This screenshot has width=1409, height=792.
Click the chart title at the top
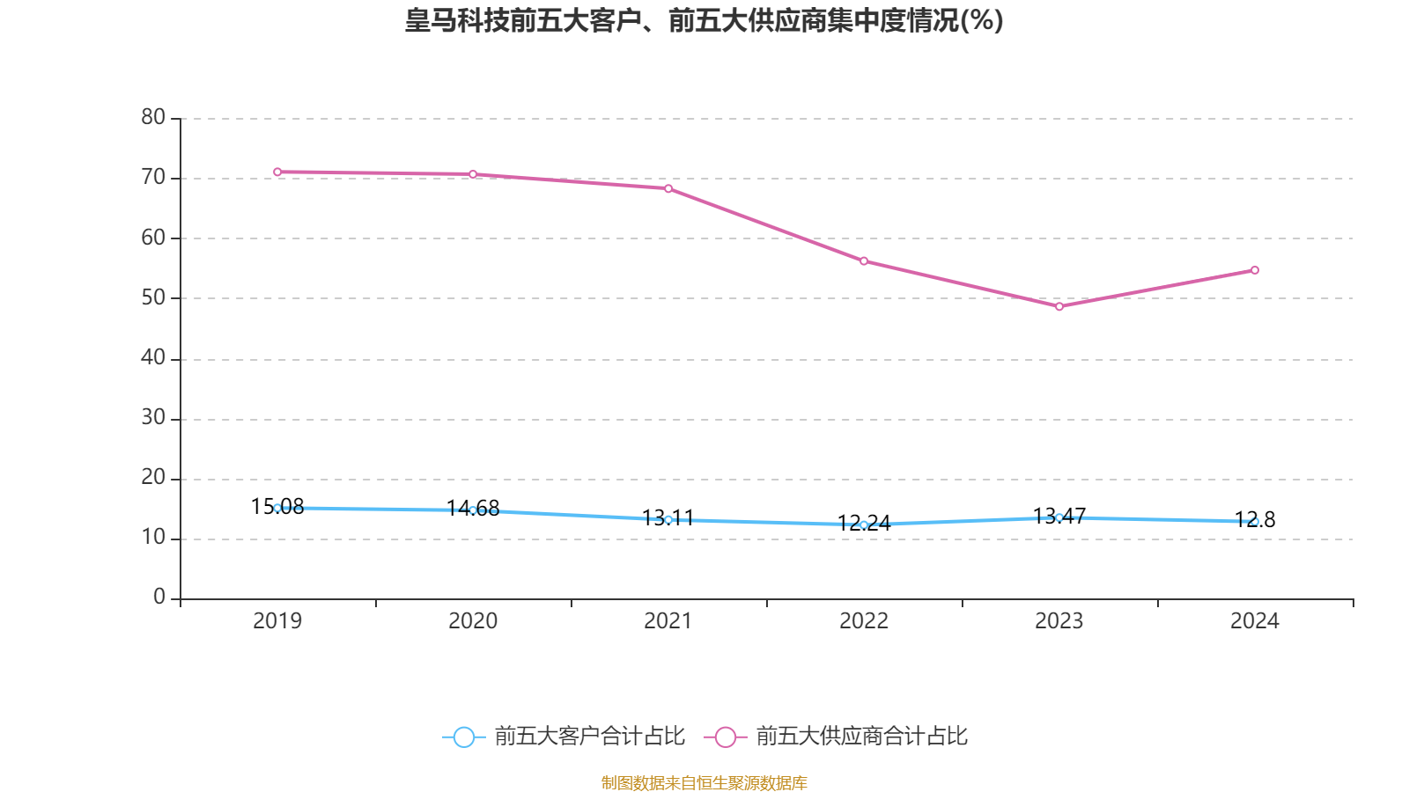click(x=704, y=20)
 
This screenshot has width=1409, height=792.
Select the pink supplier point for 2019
click(x=277, y=172)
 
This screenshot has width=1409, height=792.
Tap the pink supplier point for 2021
click(x=668, y=188)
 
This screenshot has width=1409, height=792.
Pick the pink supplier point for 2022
click(x=864, y=261)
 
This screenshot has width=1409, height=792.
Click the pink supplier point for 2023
click(x=1059, y=306)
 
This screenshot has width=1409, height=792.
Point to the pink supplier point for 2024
click(x=1255, y=270)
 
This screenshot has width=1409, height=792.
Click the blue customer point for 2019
click(x=277, y=508)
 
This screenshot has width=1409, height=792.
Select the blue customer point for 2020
click(x=473, y=510)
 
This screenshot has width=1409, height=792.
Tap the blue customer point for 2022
click(x=864, y=524)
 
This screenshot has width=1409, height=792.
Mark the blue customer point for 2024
click(x=1255, y=522)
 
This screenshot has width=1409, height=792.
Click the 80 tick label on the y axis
click(x=153, y=117)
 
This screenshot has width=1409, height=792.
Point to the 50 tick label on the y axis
click(x=153, y=297)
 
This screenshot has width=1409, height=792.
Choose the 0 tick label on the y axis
click(x=159, y=598)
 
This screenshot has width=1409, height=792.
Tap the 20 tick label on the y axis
click(x=153, y=477)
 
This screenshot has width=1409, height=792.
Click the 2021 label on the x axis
click(x=668, y=621)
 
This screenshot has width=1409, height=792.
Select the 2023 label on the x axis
click(x=1059, y=621)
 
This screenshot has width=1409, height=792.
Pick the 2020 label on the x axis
click(x=473, y=621)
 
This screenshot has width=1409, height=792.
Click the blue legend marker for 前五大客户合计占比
click(x=463, y=737)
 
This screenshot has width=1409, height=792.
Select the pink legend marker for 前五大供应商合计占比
click(x=725, y=737)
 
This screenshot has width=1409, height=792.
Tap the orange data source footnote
click(x=704, y=782)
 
